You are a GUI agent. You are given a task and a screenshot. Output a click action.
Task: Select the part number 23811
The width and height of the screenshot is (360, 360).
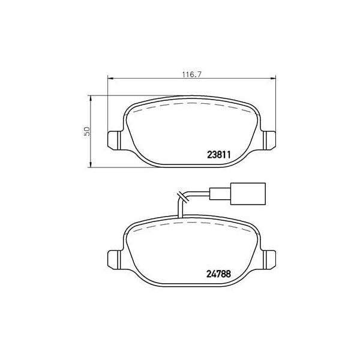coord(211,154)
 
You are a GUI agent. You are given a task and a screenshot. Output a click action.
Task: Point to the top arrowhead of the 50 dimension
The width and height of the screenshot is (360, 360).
coord(91,96)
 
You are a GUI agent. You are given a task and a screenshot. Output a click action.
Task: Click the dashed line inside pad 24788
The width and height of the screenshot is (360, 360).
coord(192,223)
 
